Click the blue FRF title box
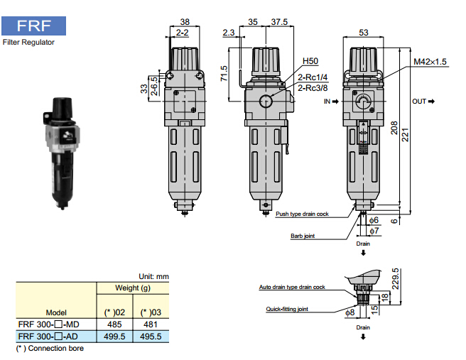(34, 27)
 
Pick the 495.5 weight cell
(151, 336)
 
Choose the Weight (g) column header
(132, 288)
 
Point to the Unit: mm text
(151, 276)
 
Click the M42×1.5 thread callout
(430, 62)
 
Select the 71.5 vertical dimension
(224, 72)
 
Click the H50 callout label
(310, 61)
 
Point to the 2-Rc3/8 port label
(312, 87)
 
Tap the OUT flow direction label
(423, 102)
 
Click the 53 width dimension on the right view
(363, 32)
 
